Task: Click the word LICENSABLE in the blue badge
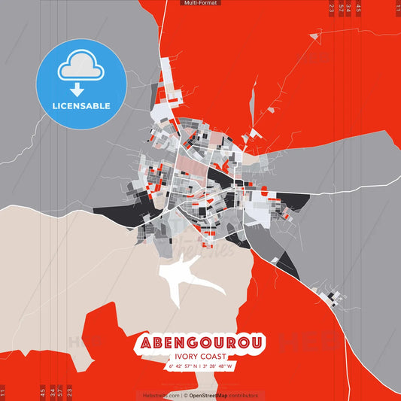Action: pos(81,106)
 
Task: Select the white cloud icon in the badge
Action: pos(81,67)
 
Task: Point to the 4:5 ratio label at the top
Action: pos(358,8)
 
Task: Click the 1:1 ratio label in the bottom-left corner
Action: pos(3,392)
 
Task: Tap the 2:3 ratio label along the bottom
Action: pos(69,392)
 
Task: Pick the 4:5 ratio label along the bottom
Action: pos(43,392)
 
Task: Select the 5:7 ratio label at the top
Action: pos(341,8)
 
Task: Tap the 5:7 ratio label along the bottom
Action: pos(60,392)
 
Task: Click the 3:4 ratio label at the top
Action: pos(349,8)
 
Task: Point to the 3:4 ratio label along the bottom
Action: pos(51,392)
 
